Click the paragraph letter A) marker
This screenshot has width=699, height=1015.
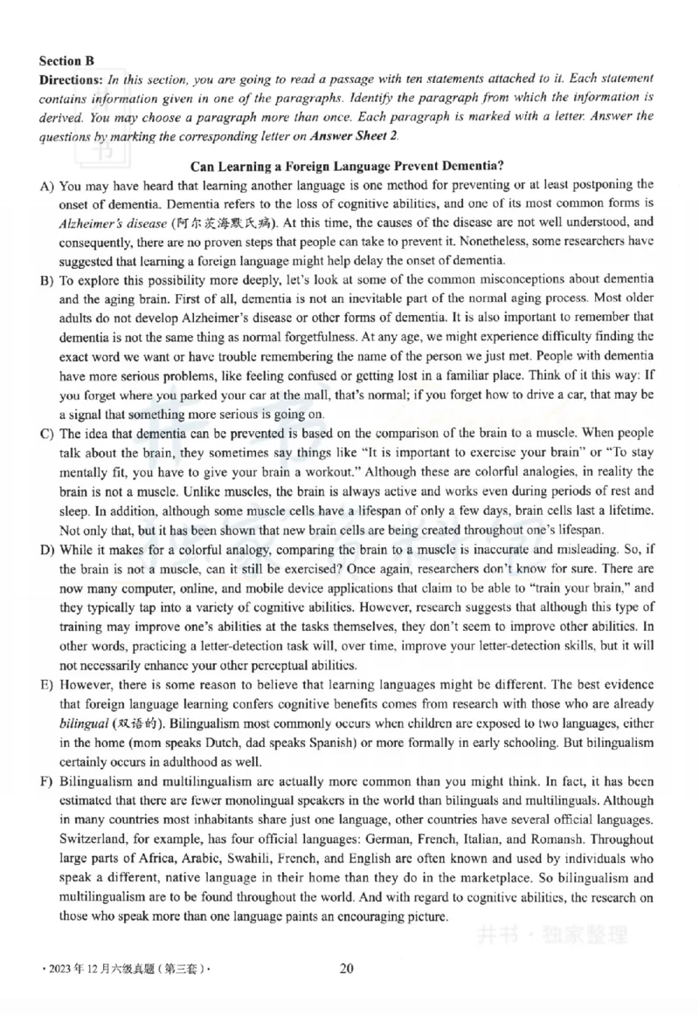point(46,184)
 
